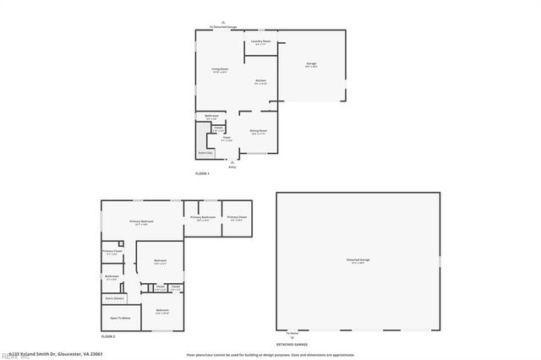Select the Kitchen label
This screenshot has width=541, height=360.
click(261, 81)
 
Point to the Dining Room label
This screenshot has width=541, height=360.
click(258, 131)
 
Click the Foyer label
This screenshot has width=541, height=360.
click(227, 139)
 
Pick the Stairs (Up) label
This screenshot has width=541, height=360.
click(205, 153)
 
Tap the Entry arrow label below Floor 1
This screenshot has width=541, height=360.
click(232, 167)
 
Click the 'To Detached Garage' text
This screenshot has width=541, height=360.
click(224, 27)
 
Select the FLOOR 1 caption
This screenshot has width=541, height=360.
click(202, 173)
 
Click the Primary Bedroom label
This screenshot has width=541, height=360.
click(140, 222)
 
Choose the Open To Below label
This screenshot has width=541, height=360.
click(120, 318)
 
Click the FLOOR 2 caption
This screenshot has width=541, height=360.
click(107, 336)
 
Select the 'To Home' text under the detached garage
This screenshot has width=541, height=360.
click(292, 334)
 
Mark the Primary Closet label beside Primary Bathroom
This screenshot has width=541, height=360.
click(237, 218)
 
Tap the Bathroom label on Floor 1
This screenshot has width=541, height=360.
click(213, 117)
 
